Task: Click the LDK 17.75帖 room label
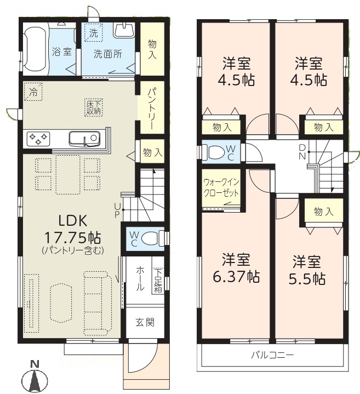pos(73,229)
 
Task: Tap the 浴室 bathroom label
pos(62,52)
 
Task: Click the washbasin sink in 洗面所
pos(124,30)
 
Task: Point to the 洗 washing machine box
pos(94,33)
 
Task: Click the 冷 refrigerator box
pos(33,92)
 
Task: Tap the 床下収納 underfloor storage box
pos(94,108)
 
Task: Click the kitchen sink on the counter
pos(84,138)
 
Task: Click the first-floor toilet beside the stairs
pos(151,239)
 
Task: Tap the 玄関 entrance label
pos(145,322)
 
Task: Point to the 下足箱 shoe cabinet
pos(158,281)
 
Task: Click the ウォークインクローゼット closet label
pos(221,187)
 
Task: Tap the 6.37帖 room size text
pos(236,277)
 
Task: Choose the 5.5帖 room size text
pos(307,279)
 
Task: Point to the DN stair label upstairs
pos(302,152)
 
